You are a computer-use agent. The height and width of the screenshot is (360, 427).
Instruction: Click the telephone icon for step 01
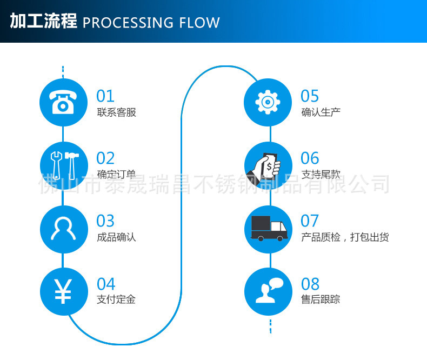[63, 103]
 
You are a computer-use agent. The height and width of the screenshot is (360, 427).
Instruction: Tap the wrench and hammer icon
[63, 165]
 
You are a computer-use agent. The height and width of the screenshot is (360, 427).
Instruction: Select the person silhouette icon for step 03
[63, 228]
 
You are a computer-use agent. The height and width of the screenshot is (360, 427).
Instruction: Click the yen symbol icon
[63, 291]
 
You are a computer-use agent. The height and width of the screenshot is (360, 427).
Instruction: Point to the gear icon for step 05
[268, 102]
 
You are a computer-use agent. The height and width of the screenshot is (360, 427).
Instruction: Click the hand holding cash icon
[268, 165]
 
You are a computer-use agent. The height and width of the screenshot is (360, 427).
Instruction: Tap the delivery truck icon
[268, 228]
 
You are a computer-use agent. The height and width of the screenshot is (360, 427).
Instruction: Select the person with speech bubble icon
[268, 291]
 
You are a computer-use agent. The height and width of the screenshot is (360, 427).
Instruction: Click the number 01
[105, 96]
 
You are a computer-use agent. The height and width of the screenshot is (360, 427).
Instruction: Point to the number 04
[106, 284]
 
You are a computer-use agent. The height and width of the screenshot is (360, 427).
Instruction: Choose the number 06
[310, 158]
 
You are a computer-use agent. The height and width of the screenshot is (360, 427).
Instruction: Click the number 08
[310, 284]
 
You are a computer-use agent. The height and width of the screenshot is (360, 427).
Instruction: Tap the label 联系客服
[116, 112]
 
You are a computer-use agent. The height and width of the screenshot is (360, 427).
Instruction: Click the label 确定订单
[116, 175]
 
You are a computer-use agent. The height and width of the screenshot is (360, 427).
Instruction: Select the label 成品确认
[116, 237]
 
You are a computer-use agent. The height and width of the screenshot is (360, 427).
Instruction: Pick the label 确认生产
[321, 112]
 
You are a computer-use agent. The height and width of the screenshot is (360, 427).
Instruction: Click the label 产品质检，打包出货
[344, 237]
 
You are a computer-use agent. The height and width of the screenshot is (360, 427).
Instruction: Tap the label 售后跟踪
[321, 299]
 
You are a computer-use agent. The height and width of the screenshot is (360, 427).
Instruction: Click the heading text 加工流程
[43, 22]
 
